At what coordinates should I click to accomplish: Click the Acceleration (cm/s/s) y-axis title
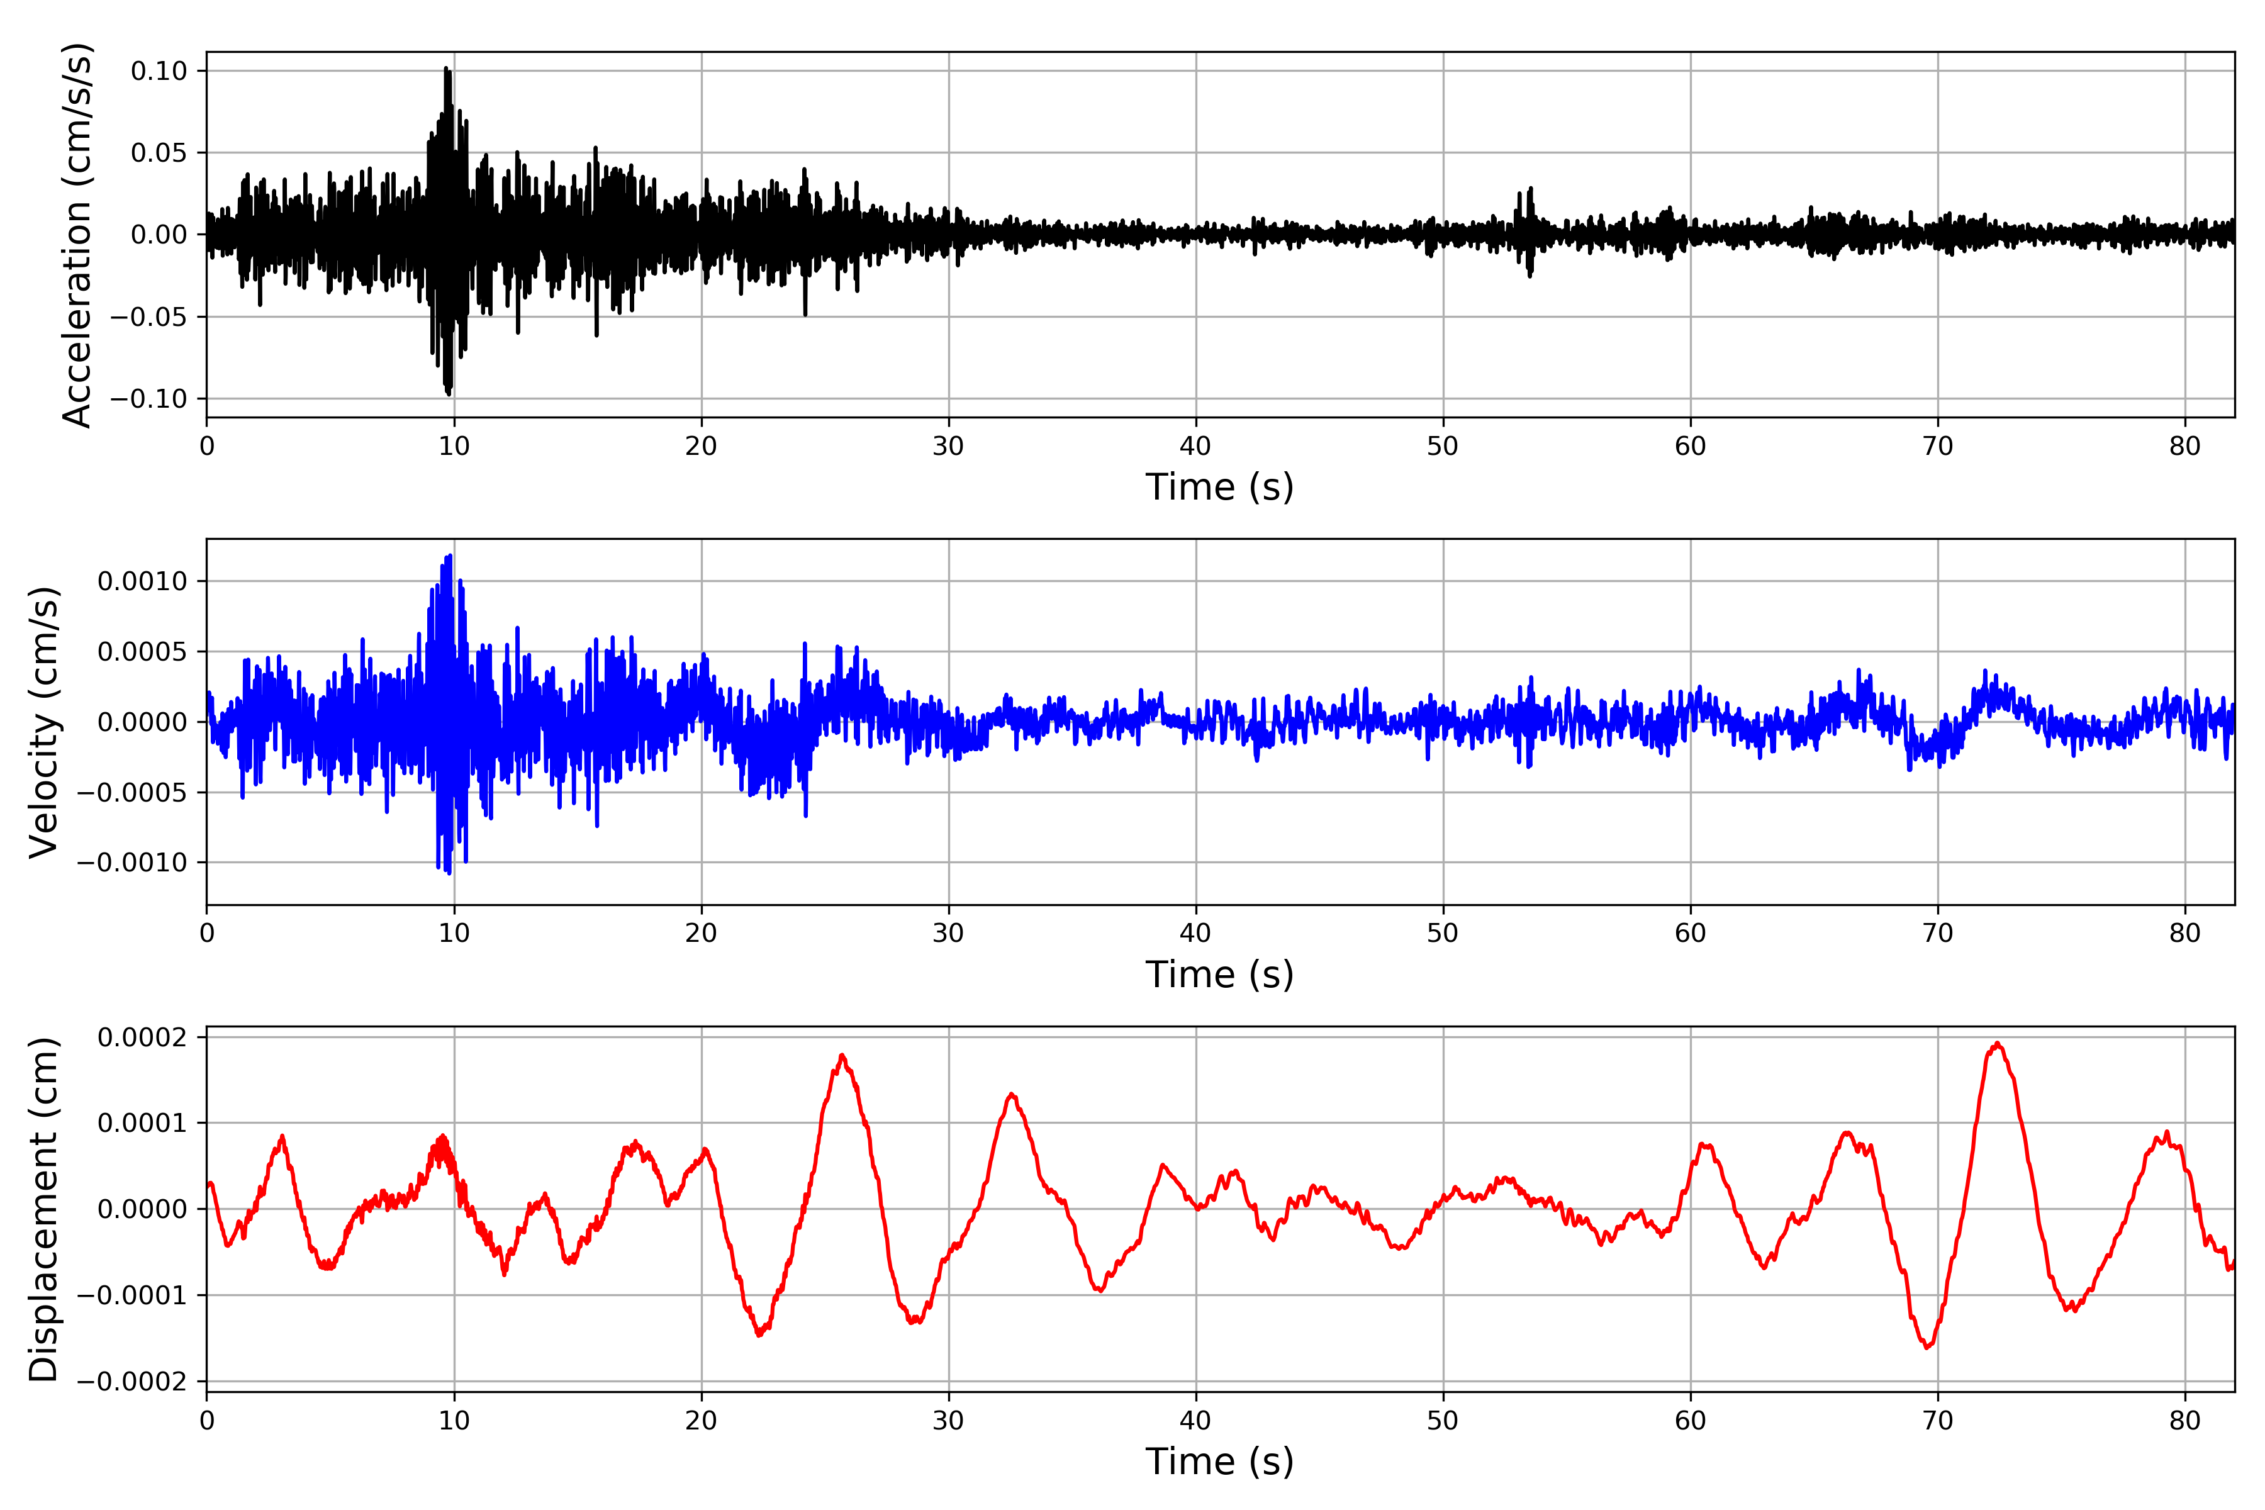(x=77, y=235)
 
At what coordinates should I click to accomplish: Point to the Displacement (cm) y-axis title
(x=43, y=1209)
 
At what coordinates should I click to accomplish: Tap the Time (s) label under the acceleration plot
(x=1219, y=487)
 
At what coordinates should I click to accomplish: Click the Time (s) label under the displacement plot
(x=1219, y=1462)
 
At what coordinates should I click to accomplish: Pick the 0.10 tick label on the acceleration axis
(x=159, y=71)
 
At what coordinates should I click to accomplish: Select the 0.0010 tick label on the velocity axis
(x=143, y=581)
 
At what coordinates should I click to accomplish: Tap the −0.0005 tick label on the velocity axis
(x=132, y=793)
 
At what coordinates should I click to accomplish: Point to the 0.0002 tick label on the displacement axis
(x=143, y=1037)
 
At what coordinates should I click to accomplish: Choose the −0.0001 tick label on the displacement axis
(x=132, y=1295)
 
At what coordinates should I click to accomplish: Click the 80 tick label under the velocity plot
(x=2185, y=933)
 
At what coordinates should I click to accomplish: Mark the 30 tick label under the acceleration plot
(x=949, y=446)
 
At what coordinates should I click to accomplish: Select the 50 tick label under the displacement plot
(x=1443, y=1421)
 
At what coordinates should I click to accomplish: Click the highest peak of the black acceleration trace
(x=446, y=67)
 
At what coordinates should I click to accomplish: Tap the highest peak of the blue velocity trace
(x=450, y=555)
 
